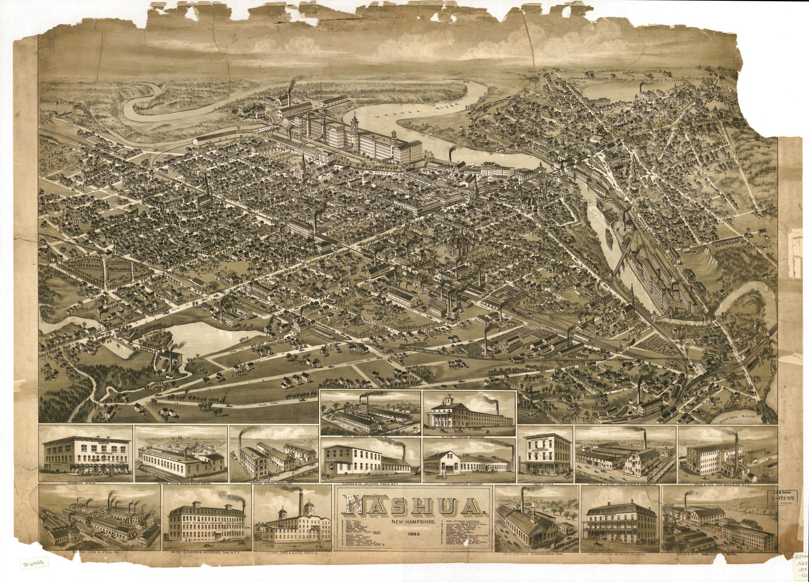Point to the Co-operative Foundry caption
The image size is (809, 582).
pyautogui.click(x=469, y=484)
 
